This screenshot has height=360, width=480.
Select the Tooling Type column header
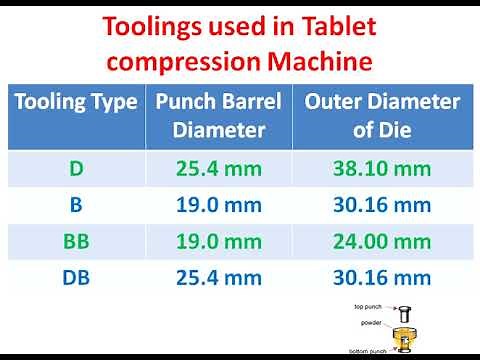[76, 102]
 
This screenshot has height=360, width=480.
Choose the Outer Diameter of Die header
[382, 115]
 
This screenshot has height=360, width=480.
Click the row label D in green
[77, 168]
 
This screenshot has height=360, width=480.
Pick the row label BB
[77, 242]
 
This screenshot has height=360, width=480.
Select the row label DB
[77, 279]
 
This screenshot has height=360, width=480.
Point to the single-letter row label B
[77, 205]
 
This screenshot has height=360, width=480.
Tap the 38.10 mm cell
[382, 168]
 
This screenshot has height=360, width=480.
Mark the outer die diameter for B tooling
[382, 205]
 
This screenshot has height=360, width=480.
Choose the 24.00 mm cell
[382, 242]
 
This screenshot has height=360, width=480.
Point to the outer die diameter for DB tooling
[382, 279]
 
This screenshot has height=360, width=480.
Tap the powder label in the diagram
[370, 323]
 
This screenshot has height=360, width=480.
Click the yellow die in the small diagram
[405, 335]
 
